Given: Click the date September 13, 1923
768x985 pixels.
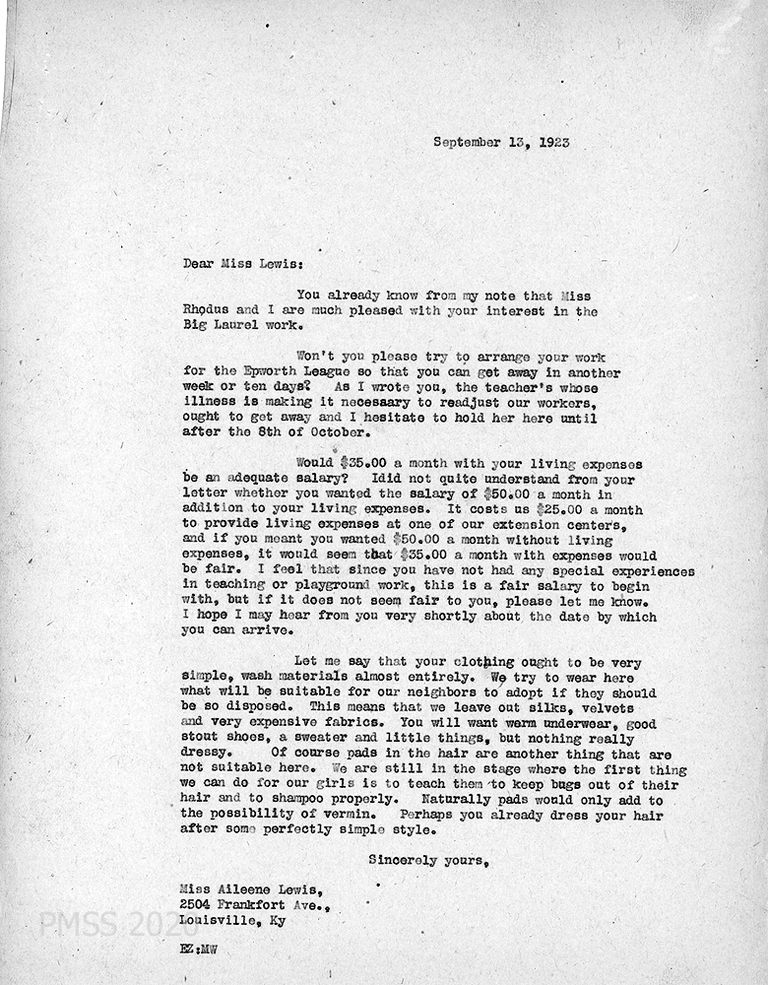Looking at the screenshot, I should pyautogui.click(x=501, y=143).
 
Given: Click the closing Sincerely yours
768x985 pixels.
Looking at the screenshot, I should pyautogui.click(x=427, y=861).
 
